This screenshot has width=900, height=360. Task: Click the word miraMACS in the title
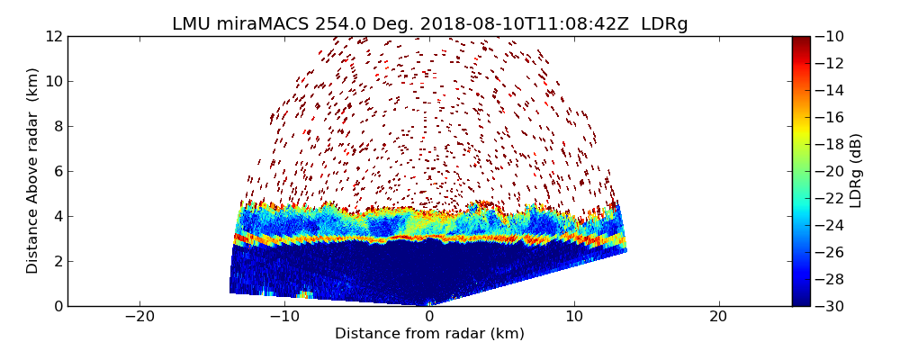(262, 24)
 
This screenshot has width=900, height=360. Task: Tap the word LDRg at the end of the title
(664, 24)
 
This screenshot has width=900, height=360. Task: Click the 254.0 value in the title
(335, 24)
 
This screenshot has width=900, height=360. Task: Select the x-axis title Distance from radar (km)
(429, 334)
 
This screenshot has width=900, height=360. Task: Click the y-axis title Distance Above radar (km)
(33, 170)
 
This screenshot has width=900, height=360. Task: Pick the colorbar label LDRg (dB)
(856, 170)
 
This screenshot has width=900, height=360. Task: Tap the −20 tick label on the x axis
(139, 317)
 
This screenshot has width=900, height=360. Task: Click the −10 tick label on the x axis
(284, 317)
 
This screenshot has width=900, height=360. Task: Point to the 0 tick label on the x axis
(429, 317)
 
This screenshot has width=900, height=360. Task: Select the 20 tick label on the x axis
(718, 317)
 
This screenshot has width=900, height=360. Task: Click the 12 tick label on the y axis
(53, 36)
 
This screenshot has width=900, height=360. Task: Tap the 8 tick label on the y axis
(57, 126)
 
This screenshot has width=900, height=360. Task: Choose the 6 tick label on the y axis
(57, 171)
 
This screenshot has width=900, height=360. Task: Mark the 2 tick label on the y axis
(57, 261)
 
